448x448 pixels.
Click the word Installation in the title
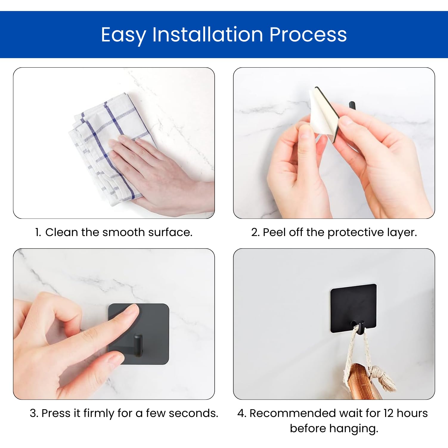(208, 34)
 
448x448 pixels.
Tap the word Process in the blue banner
(308, 35)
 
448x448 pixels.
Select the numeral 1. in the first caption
(38, 232)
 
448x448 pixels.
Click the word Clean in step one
(62, 232)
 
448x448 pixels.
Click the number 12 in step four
(389, 413)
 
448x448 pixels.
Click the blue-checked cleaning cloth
(110, 146)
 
